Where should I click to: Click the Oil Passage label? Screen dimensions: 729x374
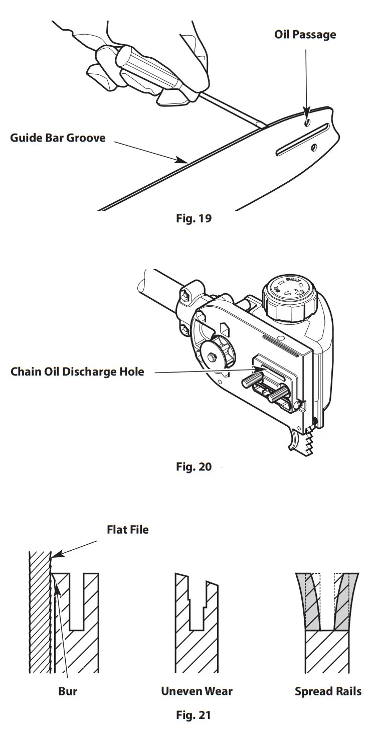tap(305, 35)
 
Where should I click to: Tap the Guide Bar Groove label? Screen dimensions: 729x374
tap(58, 137)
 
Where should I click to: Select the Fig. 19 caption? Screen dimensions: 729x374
tap(194, 219)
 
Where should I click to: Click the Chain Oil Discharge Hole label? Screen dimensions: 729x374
tap(77, 372)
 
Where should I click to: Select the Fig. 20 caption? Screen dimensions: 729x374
tap(194, 466)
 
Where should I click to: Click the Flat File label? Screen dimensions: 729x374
tap(127, 530)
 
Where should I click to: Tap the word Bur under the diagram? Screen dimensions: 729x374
tap(68, 691)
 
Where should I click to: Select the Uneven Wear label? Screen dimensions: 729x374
tap(197, 691)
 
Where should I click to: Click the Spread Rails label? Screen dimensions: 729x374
tap(328, 691)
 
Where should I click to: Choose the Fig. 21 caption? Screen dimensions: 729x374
tap(194, 714)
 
